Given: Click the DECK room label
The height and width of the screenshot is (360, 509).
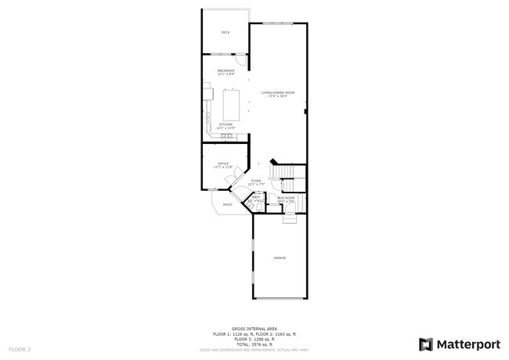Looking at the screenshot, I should tap(226, 32).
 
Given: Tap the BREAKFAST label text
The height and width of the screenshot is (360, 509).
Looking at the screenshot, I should tap(226, 71).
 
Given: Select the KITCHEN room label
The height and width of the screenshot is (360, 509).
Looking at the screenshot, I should tap(226, 125).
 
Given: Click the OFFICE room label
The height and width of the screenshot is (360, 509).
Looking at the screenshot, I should tap(223, 164).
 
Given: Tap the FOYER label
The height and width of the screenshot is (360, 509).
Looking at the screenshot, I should tap(256, 182).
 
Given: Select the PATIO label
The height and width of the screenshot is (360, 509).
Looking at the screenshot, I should tap(227, 205).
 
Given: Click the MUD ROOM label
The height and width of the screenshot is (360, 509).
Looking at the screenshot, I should tap(286, 199).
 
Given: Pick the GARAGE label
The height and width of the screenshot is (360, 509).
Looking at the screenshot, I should tap(279, 257).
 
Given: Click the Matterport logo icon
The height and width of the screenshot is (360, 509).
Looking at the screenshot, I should tap(425, 344).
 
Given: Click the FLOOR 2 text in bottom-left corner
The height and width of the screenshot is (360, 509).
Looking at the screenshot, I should tap(20, 348).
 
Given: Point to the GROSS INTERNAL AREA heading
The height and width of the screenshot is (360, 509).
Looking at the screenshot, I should tap(254, 329).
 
